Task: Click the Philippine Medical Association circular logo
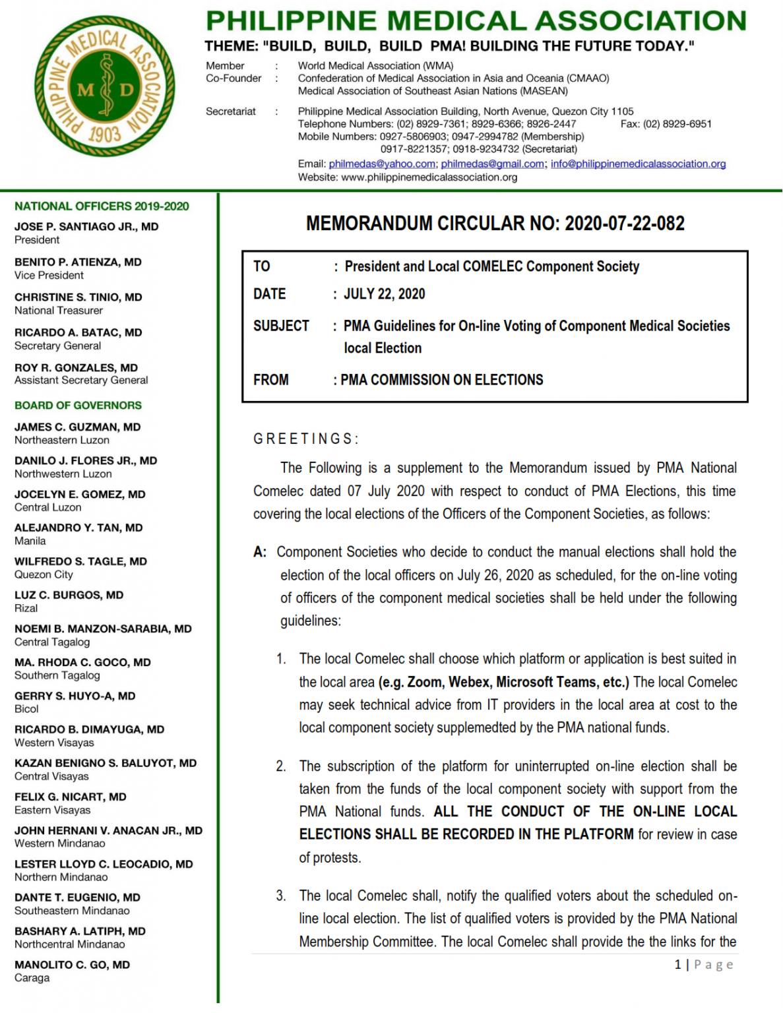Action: point(105,86)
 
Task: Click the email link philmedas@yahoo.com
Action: point(382,164)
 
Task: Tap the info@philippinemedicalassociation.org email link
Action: point(638,164)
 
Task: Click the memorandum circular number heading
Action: point(495,224)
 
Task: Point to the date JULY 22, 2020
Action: point(384,294)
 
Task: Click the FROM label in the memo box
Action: point(271,380)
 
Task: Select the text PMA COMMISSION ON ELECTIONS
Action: point(442,380)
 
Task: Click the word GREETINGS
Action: point(305,439)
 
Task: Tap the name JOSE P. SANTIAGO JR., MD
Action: point(86,227)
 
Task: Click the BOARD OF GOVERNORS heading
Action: point(78,406)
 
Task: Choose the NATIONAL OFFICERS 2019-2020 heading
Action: point(102,206)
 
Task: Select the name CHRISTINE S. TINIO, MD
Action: point(78,297)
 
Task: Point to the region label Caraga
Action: point(32,978)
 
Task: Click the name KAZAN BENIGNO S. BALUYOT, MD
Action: point(106,763)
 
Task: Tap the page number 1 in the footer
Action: point(677,965)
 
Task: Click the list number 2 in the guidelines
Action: point(281,766)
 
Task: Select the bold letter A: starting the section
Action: point(260,552)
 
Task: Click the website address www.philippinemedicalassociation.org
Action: point(429,177)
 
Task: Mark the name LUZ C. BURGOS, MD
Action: point(69,595)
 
